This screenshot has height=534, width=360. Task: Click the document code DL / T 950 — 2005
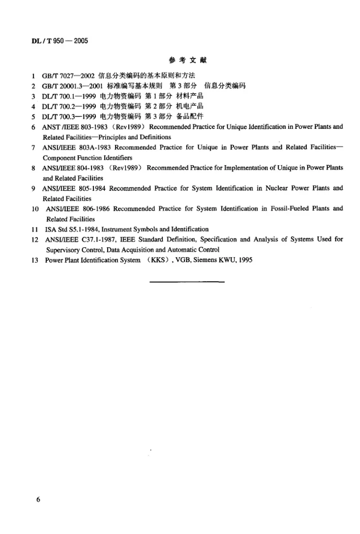click(59, 41)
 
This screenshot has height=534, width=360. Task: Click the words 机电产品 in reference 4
click(191, 106)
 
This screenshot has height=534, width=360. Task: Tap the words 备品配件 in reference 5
click(191, 117)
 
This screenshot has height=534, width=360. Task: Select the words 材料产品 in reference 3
click(191, 96)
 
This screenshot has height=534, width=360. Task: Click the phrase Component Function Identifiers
click(87, 158)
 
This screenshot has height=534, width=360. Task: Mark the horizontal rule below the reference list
click(186, 282)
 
